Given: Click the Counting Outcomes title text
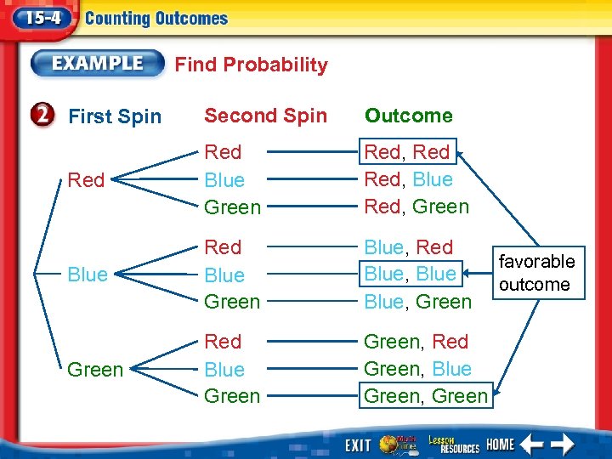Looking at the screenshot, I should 157,19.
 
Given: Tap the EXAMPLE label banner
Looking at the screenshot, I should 97,64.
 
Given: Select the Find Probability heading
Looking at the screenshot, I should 251,65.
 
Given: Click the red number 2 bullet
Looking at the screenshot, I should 47,116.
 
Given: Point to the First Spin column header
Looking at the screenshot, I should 114,116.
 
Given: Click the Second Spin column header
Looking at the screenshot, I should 265,116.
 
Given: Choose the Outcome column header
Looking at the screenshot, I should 408,116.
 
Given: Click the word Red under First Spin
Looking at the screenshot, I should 86,180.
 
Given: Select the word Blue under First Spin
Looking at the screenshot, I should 88,275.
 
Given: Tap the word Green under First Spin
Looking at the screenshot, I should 94,370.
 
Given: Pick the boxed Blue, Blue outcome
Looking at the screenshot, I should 411,274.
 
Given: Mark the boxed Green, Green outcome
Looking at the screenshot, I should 426,395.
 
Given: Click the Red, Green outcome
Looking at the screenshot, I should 416,207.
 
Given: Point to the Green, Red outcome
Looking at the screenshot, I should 416,342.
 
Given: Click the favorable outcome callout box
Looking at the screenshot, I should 536,273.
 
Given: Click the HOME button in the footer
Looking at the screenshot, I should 500,445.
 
